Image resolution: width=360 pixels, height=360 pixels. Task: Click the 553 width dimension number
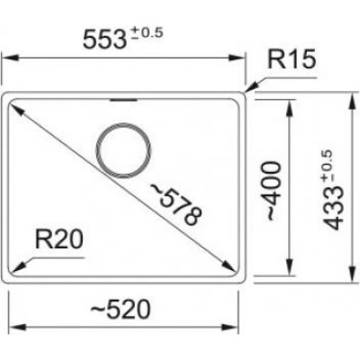click(x=103, y=40)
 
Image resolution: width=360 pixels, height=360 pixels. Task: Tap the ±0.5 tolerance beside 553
click(x=145, y=33)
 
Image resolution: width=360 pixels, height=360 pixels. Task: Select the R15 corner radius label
click(x=292, y=59)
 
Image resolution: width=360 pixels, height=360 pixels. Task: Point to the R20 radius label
click(x=58, y=239)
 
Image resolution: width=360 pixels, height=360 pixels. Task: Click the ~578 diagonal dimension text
click(x=175, y=204)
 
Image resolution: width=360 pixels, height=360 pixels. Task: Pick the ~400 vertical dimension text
click(x=274, y=191)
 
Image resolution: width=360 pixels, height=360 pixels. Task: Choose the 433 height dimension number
click(x=333, y=208)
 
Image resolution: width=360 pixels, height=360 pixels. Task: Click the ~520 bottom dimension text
click(x=120, y=310)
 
